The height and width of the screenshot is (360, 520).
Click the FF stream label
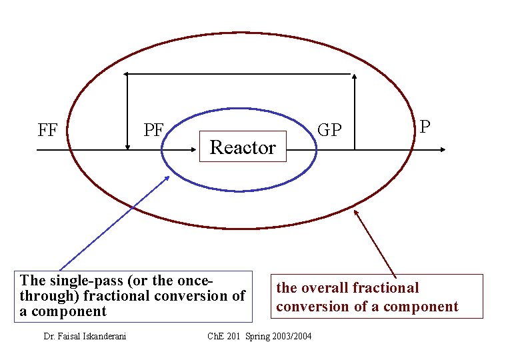coord(47,130)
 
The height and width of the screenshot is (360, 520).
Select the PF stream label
coord(154,129)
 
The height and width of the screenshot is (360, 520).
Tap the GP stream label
coord(329,130)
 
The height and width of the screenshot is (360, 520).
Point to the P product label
coord(425,127)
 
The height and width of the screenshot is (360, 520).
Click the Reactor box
coord(243,147)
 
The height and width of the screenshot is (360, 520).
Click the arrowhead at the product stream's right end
coord(441,150)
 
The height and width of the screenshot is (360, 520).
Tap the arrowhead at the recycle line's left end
coord(129,73)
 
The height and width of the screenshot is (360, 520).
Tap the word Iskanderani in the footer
coord(107,336)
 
